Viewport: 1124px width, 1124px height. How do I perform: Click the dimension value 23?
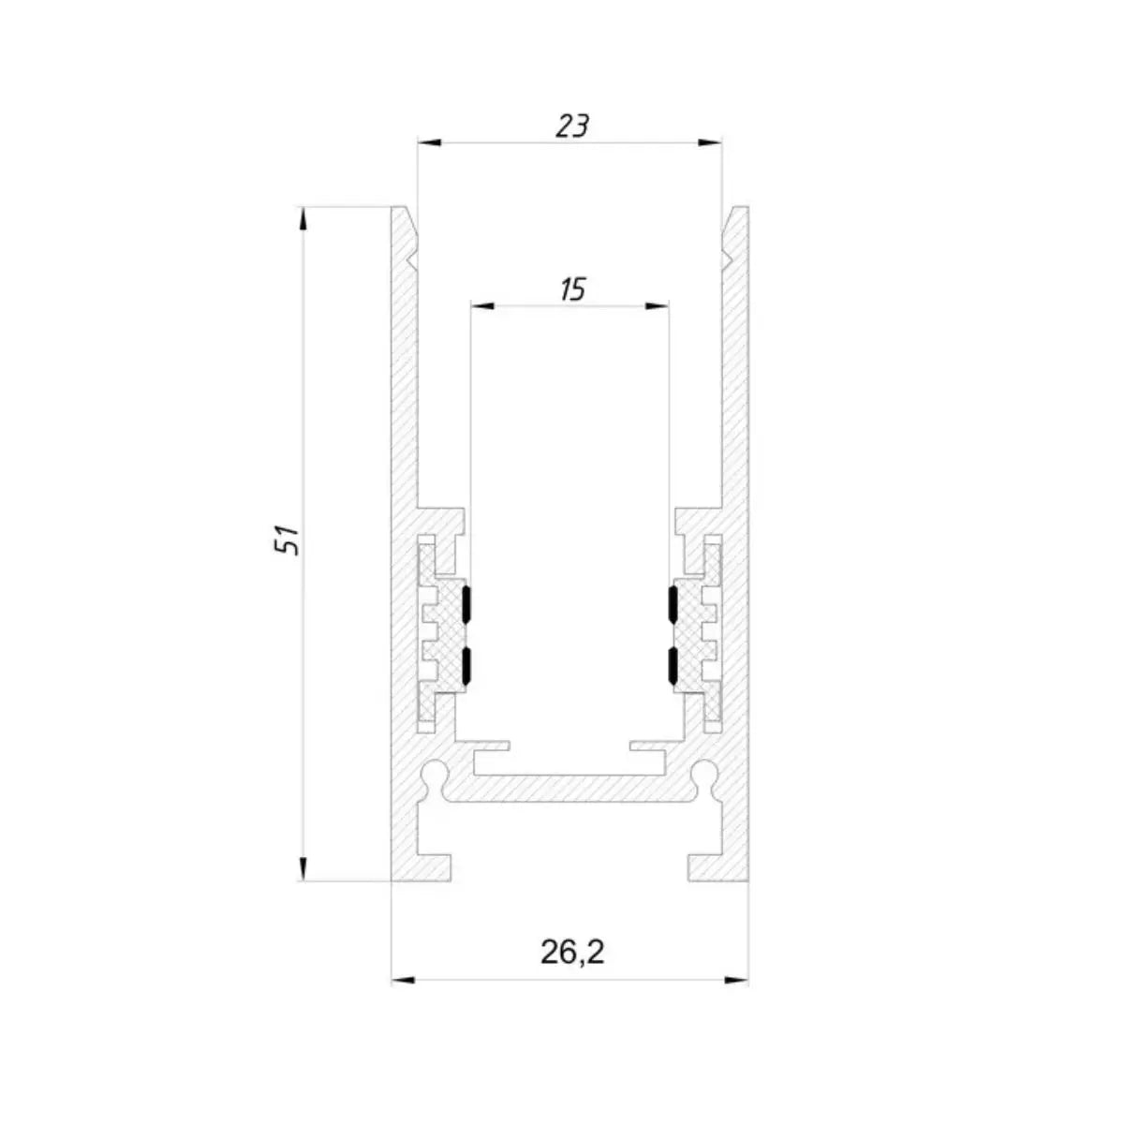[x=572, y=126]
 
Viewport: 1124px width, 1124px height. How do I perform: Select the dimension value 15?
[x=572, y=289]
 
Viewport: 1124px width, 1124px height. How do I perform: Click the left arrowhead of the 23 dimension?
[x=429, y=142]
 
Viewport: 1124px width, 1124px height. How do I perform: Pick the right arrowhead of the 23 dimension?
[x=710, y=142]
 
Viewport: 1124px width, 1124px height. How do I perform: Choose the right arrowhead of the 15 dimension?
[x=657, y=305]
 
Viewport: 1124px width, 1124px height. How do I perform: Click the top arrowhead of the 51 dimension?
[x=303, y=219]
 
